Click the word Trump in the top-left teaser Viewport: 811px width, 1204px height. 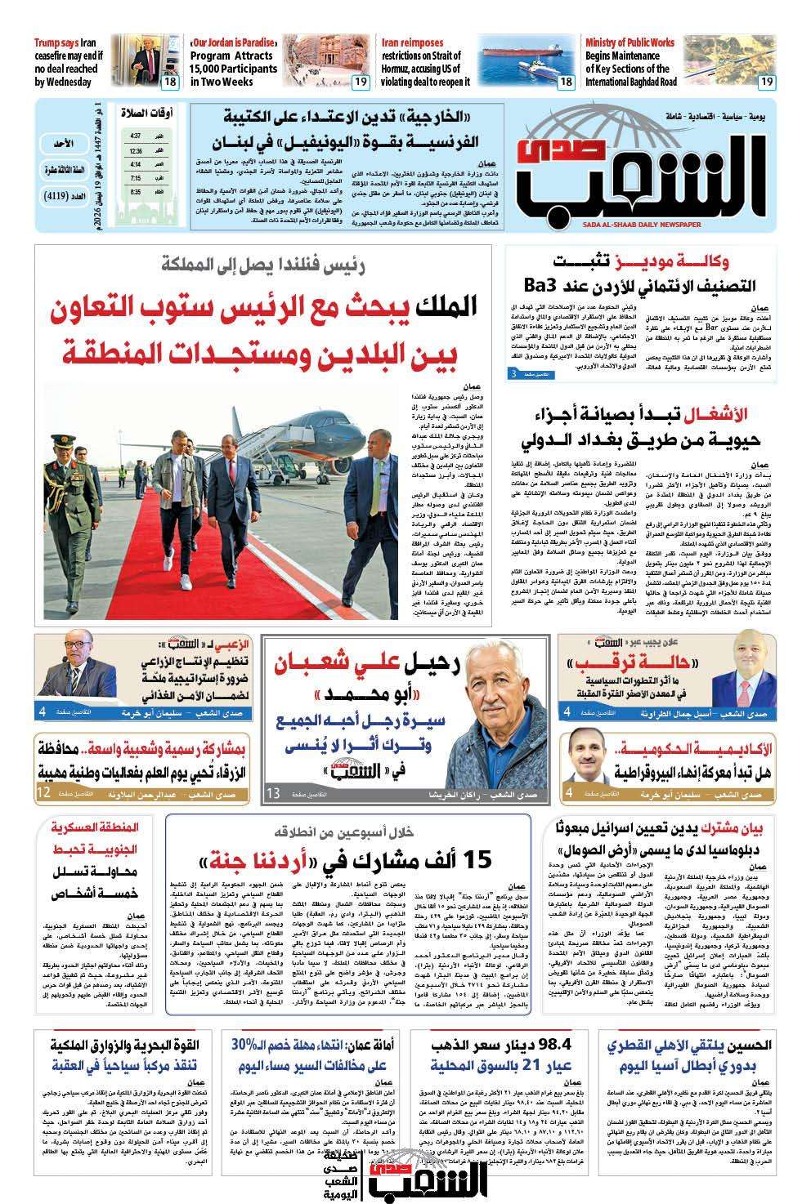click(x=51, y=42)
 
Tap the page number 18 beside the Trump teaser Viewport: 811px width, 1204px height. click(x=170, y=82)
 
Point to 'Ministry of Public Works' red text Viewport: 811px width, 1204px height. click(x=630, y=42)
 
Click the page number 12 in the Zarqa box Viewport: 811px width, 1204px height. click(x=43, y=792)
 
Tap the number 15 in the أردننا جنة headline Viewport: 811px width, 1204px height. click(x=476, y=860)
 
